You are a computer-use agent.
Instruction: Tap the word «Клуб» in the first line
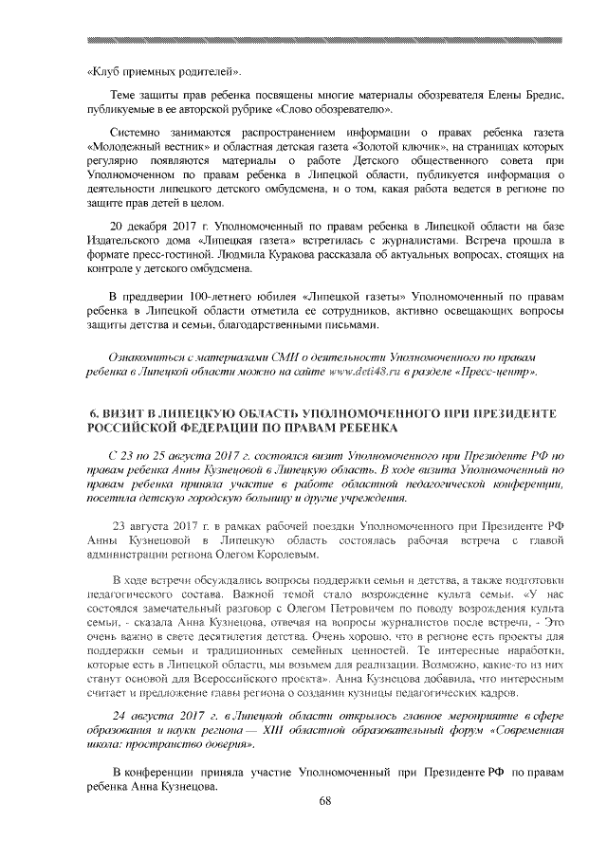104,72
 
